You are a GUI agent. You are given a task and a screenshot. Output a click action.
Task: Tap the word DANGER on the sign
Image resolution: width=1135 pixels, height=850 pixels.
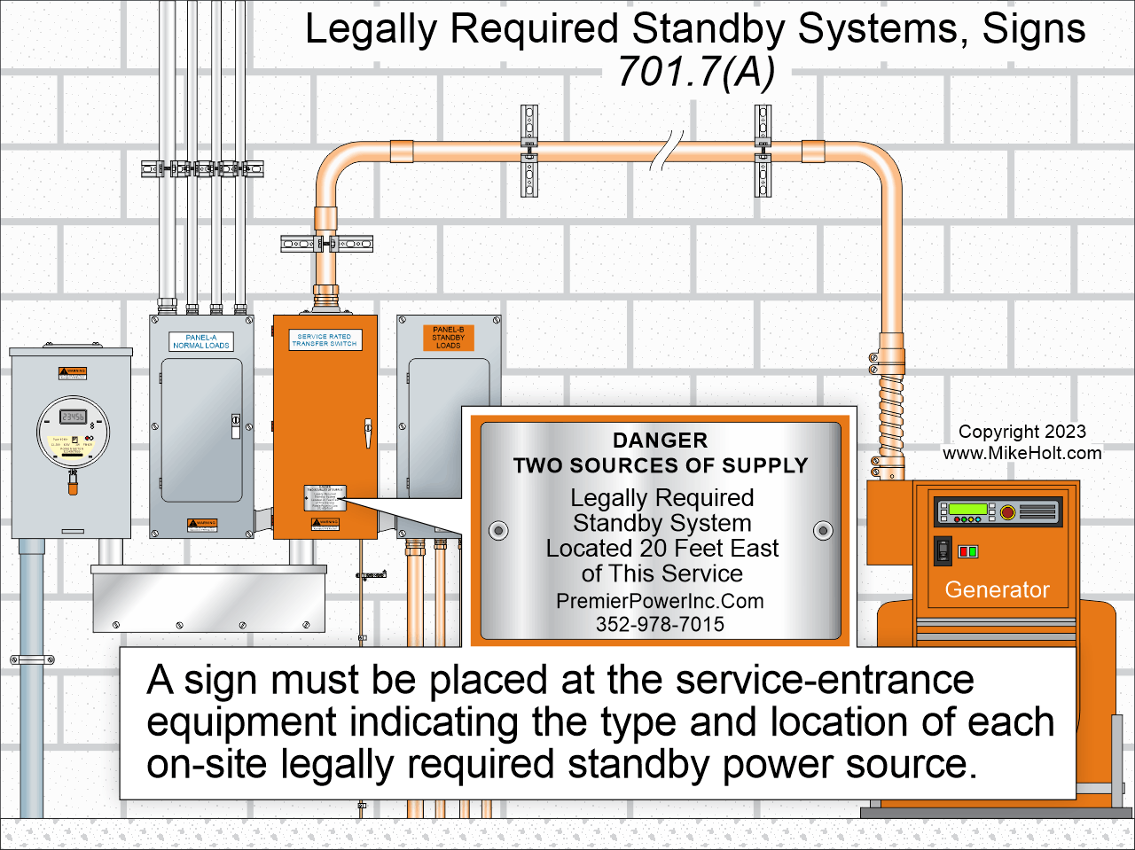(660, 441)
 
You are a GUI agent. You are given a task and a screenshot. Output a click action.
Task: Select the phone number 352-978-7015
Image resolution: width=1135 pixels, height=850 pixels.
(660, 624)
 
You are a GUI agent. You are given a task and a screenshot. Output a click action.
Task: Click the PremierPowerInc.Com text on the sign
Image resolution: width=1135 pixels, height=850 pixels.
(660, 601)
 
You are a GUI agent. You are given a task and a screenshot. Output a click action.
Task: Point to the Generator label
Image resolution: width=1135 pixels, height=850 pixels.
(997, 589)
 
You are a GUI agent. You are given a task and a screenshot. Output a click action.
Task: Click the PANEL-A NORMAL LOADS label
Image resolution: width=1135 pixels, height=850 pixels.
(201, 341)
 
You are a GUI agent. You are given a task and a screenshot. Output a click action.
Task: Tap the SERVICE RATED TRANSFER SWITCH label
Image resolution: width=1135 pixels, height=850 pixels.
(325, 340)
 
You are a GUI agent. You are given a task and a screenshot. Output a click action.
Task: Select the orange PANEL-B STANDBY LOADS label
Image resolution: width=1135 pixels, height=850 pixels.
(448, 338)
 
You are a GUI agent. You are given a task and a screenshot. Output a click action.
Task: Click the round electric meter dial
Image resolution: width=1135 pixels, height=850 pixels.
(73, 432)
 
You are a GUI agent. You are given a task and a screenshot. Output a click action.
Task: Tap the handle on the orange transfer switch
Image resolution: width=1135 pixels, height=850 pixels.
(367, 433)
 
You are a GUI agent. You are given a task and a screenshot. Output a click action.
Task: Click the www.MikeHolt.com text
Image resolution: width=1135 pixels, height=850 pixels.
(1021, 453)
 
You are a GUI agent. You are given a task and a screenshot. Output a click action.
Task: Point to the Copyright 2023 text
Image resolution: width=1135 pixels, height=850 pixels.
(1021, 432)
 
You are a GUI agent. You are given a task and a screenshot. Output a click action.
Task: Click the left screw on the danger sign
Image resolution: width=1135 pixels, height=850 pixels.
(499, 531)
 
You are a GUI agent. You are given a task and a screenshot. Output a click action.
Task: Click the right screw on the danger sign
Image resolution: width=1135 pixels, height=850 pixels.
(823, 531)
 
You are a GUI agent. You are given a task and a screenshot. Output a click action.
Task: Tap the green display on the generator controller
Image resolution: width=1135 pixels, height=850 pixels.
(967, 511)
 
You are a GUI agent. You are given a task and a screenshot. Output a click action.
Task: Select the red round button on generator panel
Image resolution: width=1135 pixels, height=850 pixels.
(1007, 511)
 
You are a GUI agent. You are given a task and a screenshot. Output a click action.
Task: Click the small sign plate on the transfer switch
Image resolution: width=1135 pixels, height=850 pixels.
(325, 497)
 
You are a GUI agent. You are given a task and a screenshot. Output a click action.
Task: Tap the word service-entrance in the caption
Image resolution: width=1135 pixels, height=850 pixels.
(824, 681)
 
